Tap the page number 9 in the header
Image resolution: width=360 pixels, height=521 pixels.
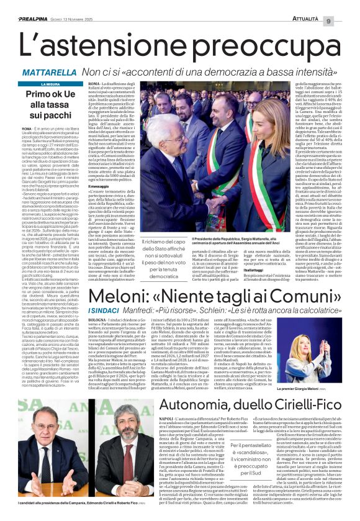[x=346, y=6]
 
